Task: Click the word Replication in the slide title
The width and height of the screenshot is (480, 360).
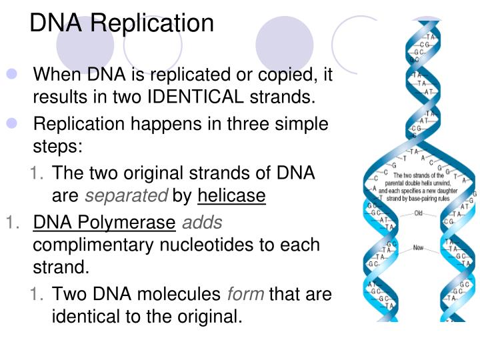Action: tap(153, 23)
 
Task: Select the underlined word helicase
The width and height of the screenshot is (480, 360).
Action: tap(231, 196)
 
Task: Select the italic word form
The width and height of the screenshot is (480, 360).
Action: tap(246, 294)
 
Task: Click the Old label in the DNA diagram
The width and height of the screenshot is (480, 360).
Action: tap(419, 214)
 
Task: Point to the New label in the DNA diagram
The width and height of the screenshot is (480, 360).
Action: tap(418, 247)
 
